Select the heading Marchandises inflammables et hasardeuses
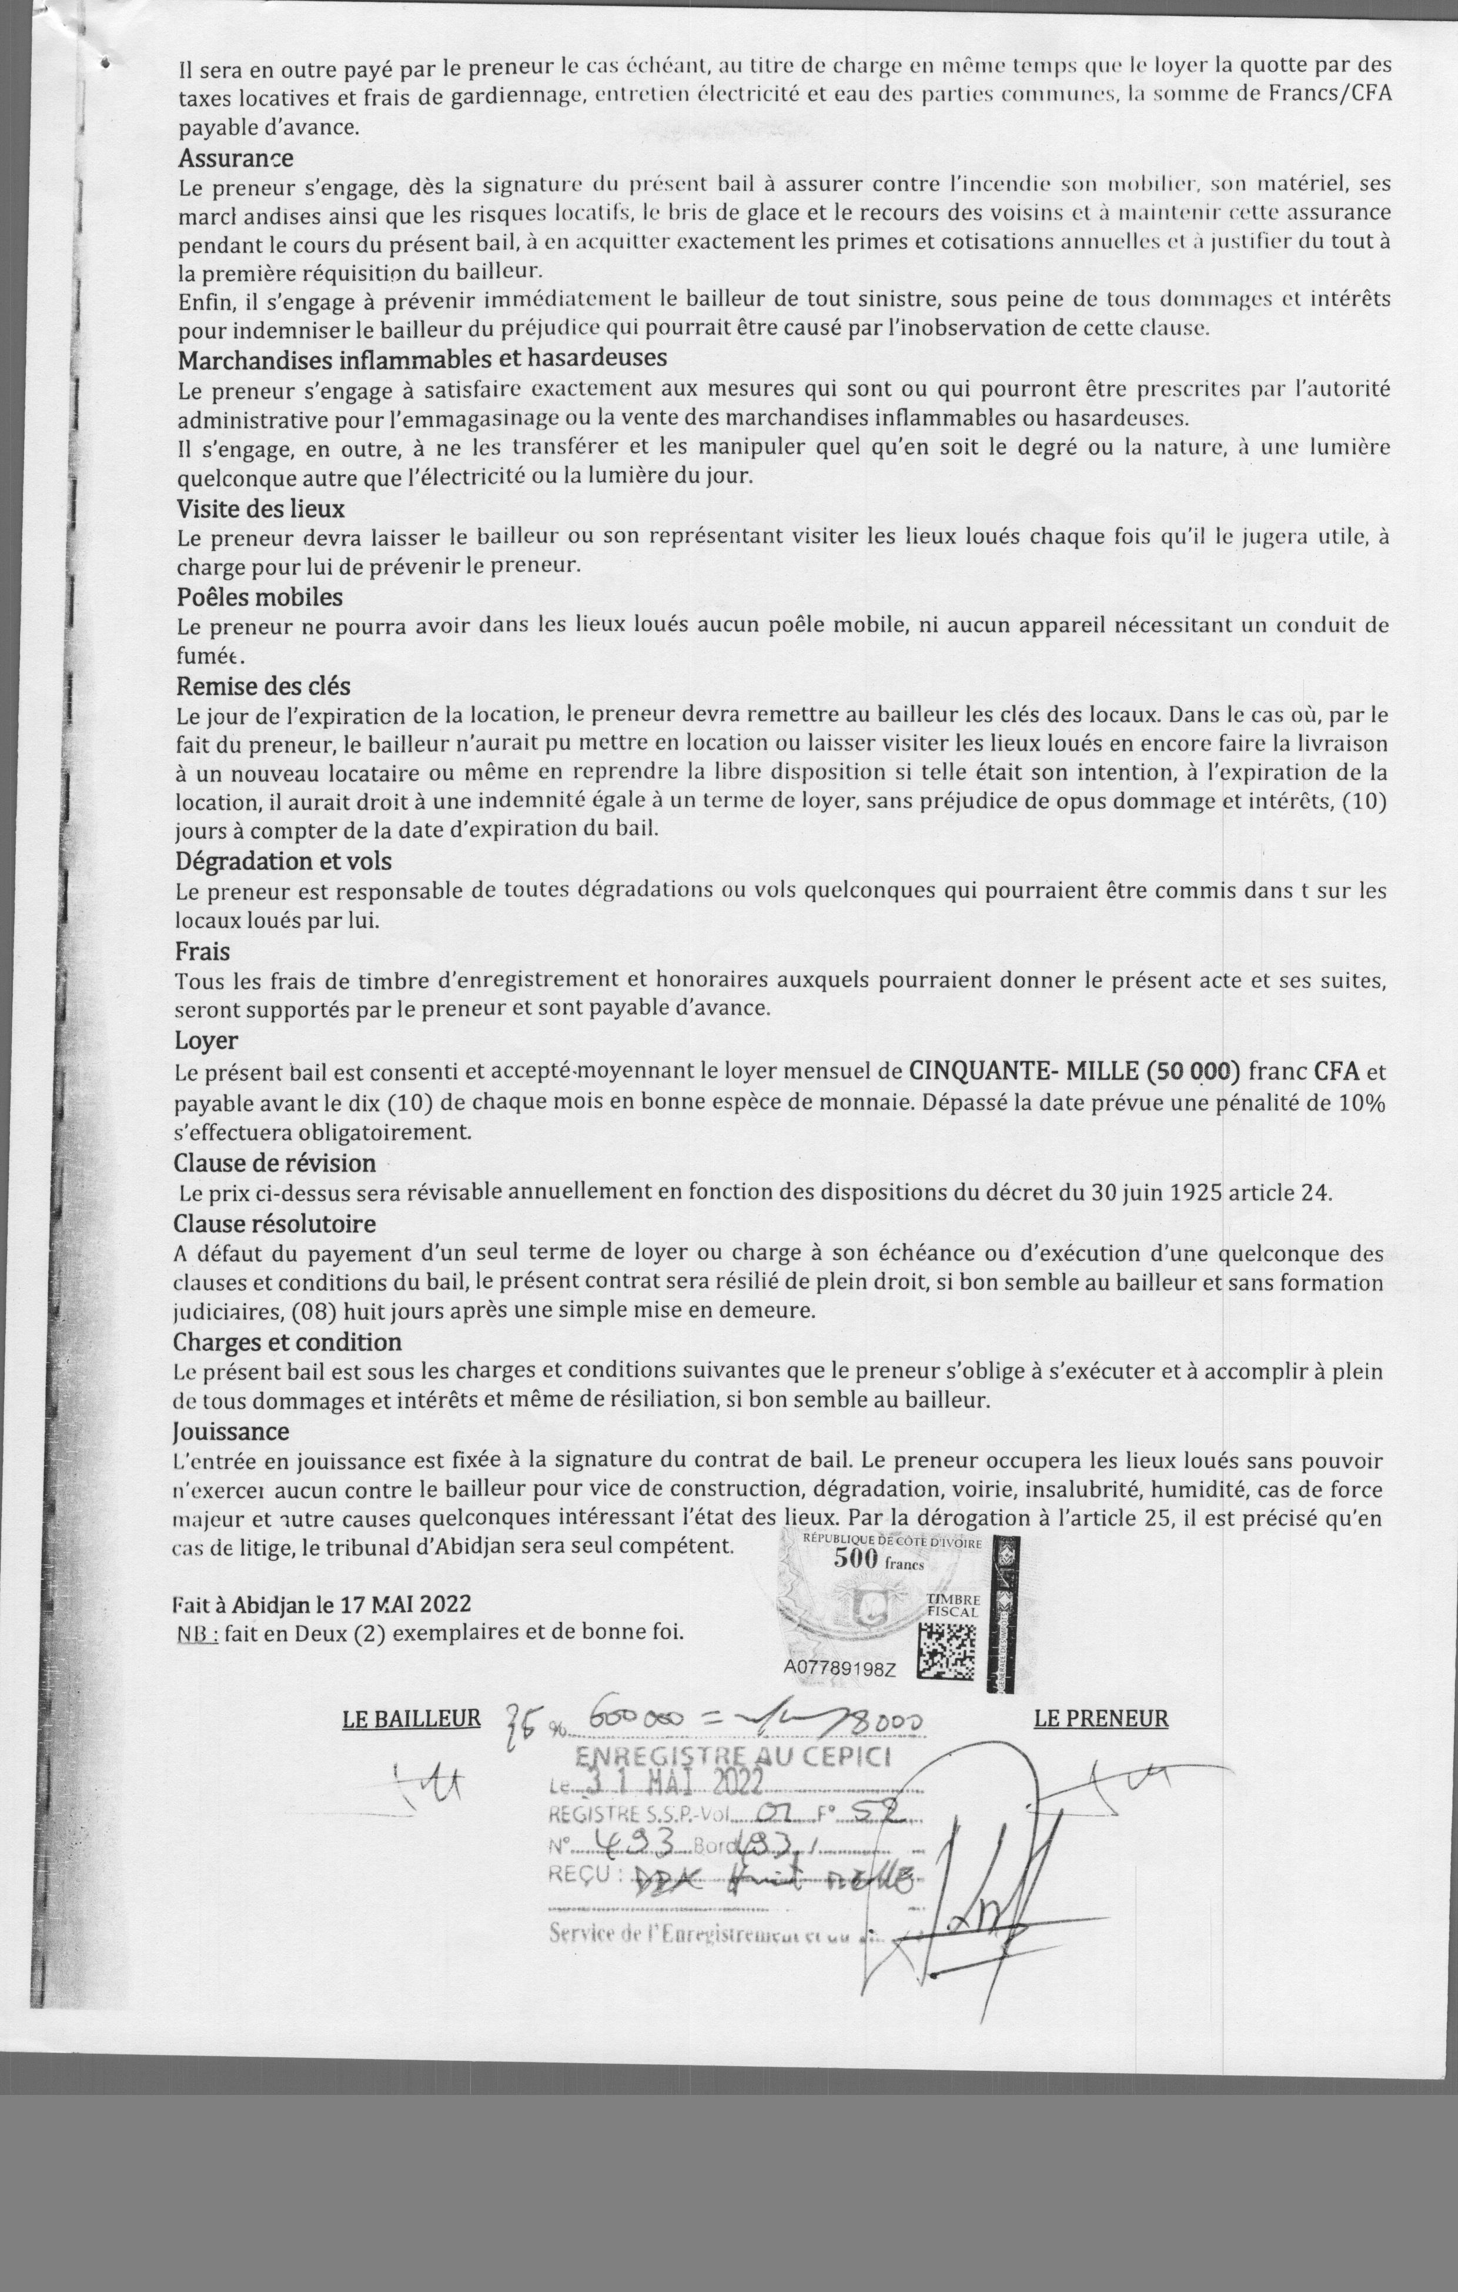coord(422,359)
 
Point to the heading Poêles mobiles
coord(259,597)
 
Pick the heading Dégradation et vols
coord(283,860)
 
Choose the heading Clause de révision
coord(274,1163)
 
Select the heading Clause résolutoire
coord(274,1223)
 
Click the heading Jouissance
coord(230,1430)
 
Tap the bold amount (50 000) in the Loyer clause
coord(1193,1071)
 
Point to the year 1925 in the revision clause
coord(1197,1193)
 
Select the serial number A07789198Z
coord(840,1669)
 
